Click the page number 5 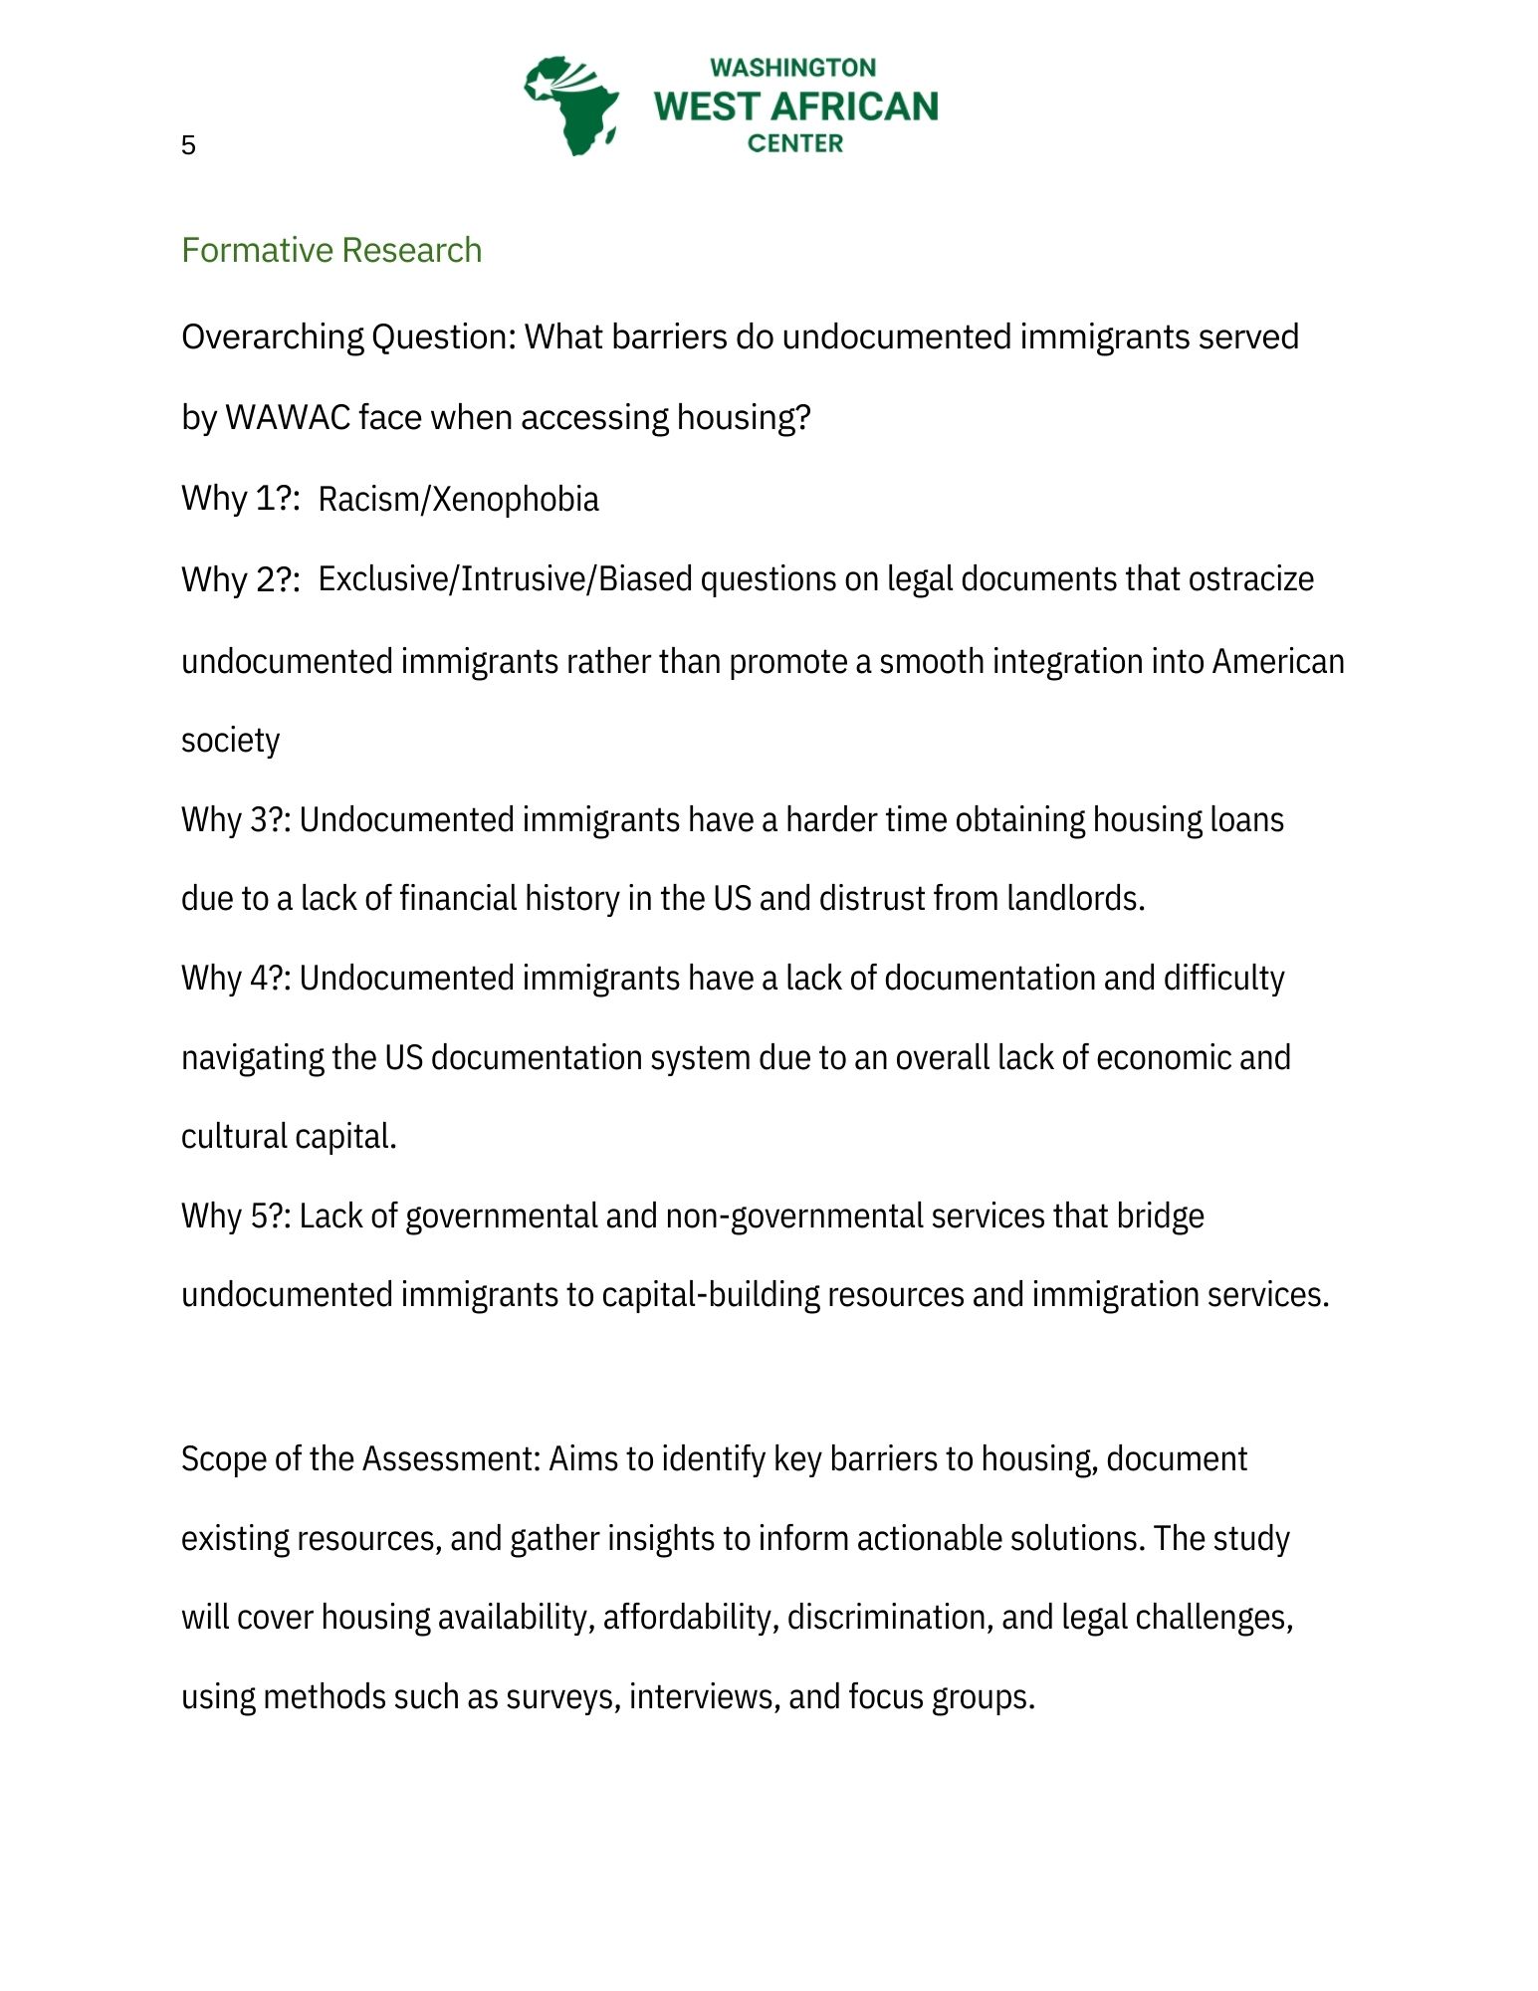coord(188,145)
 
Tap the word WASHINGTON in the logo coord(793,68)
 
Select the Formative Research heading coord(331,250)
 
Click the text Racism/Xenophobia coord(458,499)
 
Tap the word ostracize coord(1250,578)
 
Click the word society coord(230,741)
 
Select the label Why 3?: coord(236,819)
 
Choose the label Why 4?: coord(236,978)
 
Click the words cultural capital coord(288,1137)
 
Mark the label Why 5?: coord(236,1216)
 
